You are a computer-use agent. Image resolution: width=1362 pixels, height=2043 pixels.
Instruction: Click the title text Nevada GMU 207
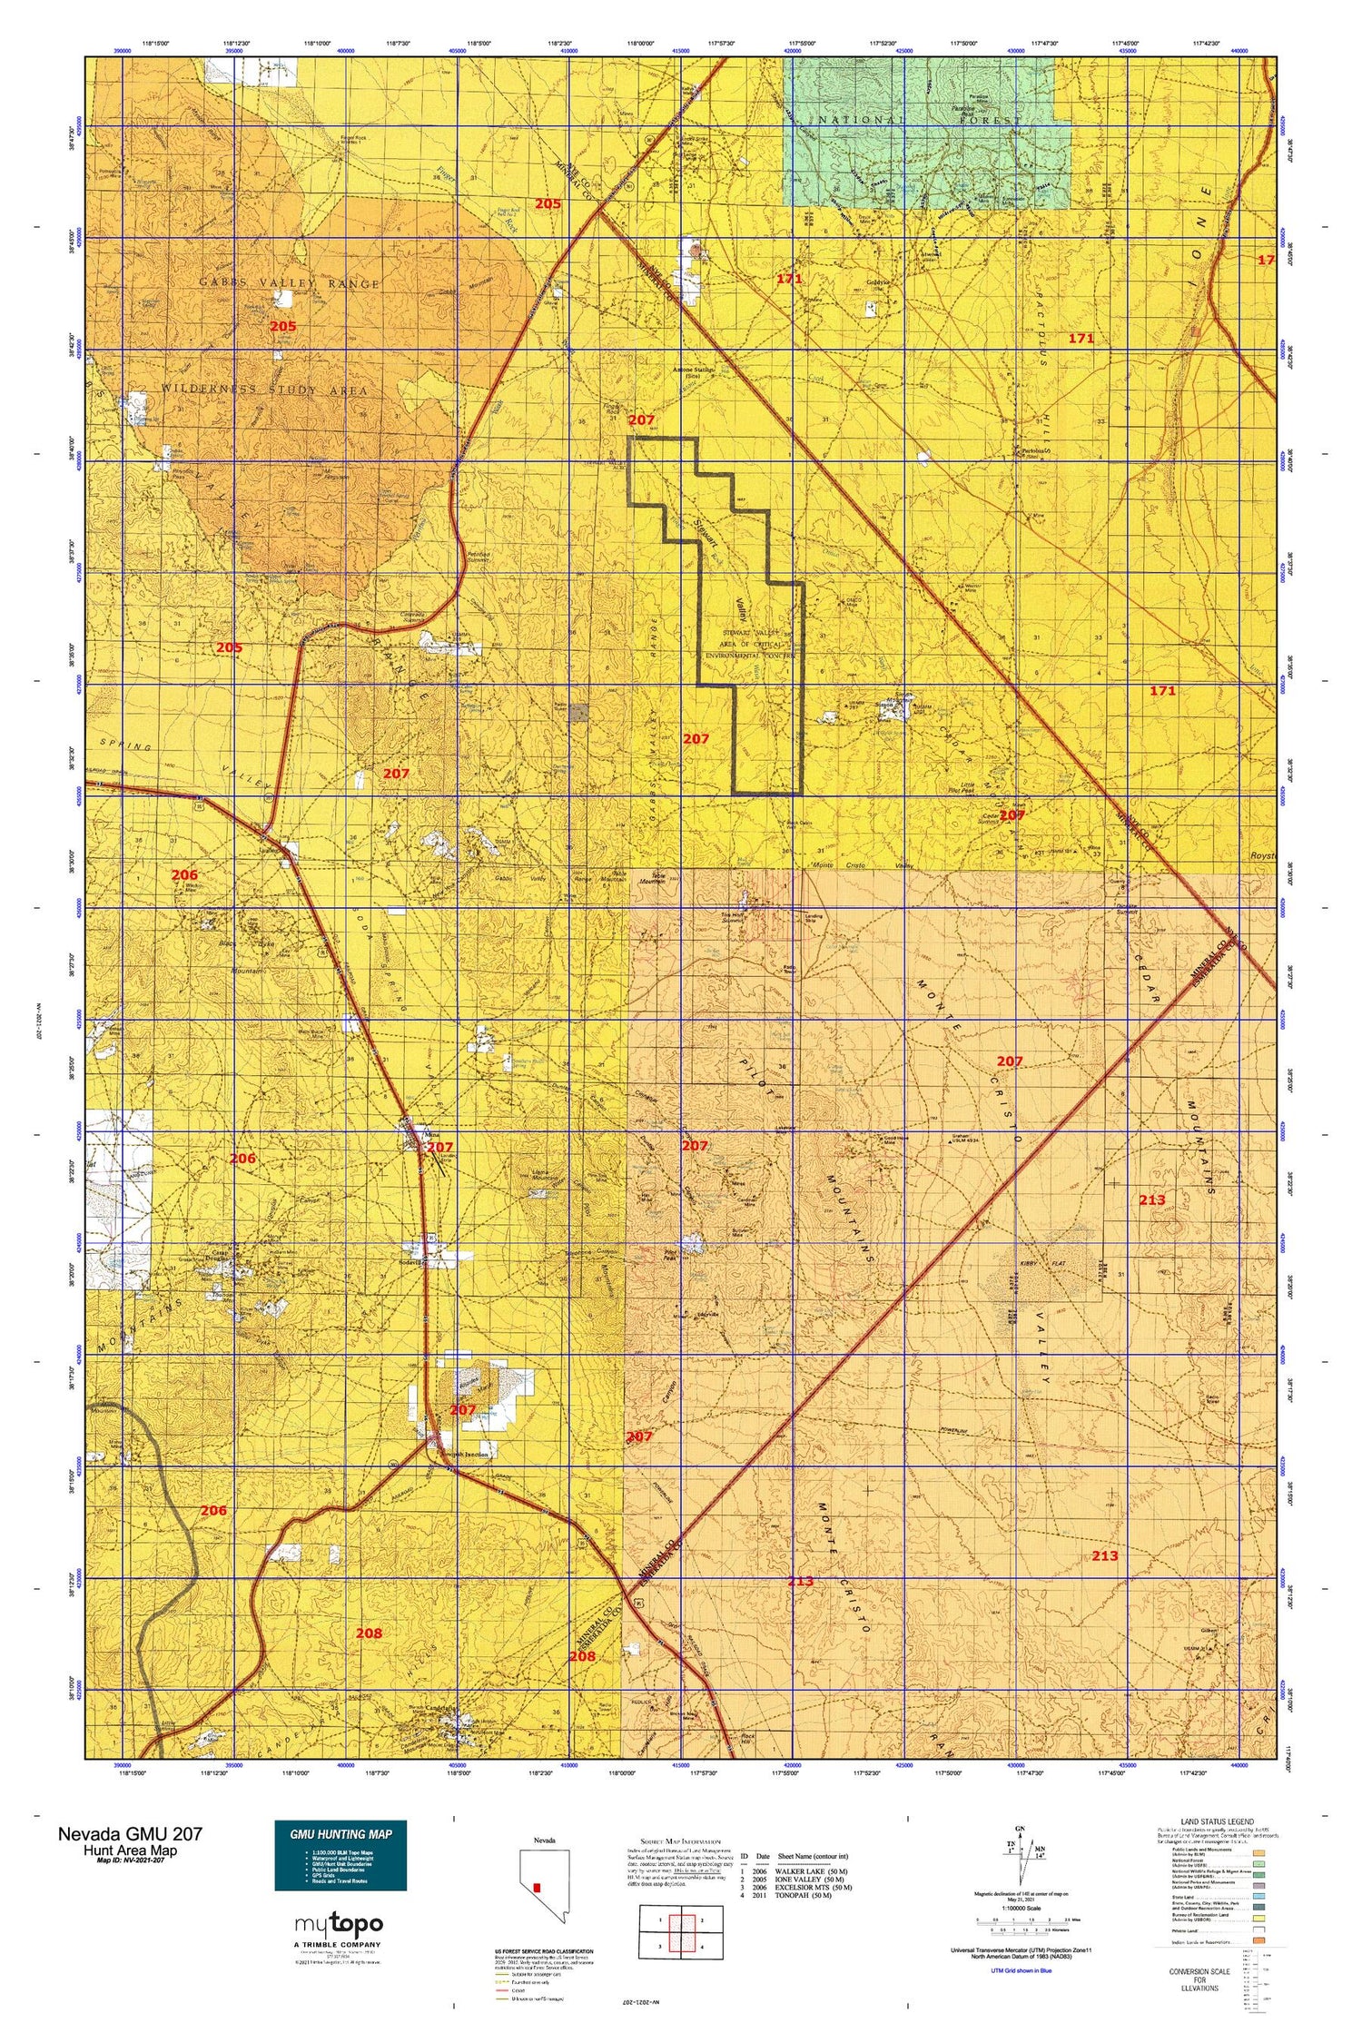[x=130, y=1833]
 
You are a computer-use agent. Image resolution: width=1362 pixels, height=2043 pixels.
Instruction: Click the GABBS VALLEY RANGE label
[x=290, y=283]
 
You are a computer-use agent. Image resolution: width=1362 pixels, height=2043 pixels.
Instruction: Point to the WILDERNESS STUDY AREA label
[x=265, y=390]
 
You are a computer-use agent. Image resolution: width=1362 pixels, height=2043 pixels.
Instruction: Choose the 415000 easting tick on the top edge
[x=680, y=51]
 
